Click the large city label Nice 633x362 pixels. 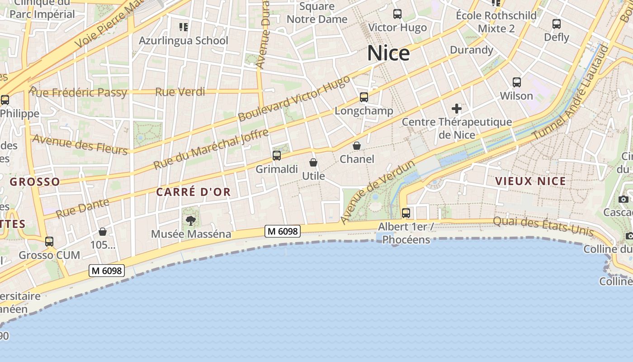[388, 53]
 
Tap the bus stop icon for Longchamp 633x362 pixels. [364, 97]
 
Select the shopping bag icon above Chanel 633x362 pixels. [357, 146]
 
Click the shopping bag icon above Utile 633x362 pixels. [313, 162]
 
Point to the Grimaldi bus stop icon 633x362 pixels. [277, 156]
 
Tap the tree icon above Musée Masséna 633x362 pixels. [191, 221]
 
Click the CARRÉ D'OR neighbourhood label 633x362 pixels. [194, 192]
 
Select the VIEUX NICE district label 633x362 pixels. [531, 181]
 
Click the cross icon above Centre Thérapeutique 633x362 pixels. [457, 109]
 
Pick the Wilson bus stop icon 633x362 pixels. [517, 82]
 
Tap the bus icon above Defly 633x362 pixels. [557, 24]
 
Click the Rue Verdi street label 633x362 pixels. [180, 92]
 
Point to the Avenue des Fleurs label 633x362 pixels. [80, 144]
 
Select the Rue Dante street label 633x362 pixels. [82, 207]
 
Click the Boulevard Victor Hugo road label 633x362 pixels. [294, 99]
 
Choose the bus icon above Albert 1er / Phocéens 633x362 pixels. [406, 213]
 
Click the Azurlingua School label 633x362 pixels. [183, 40]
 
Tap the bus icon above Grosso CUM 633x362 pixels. [49, 242]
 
